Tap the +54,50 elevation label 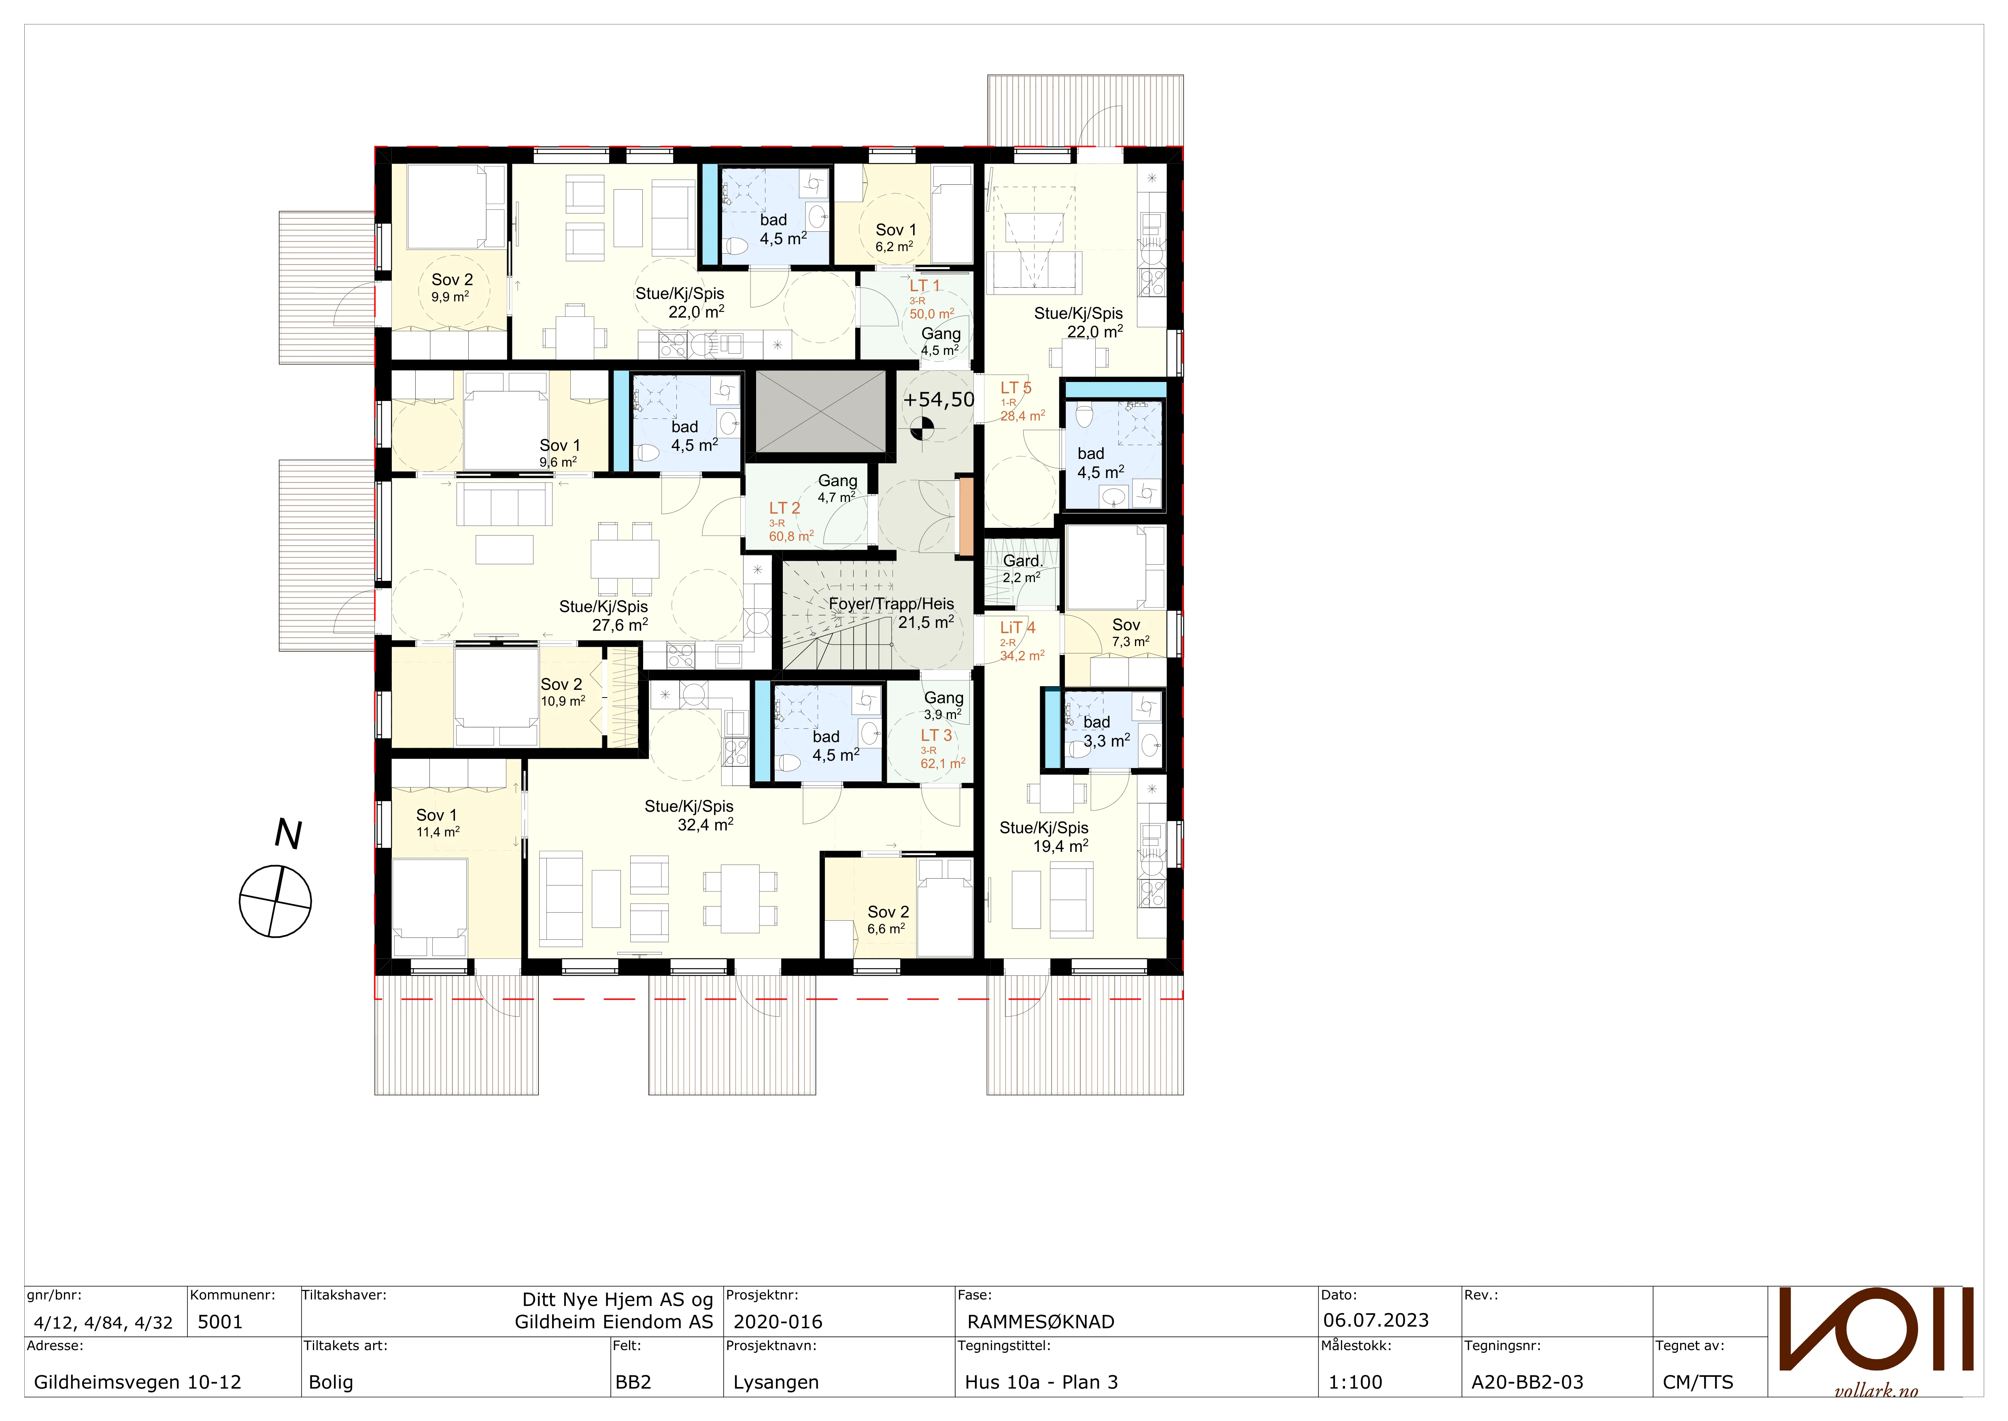click(x=938, y=400)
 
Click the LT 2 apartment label click(x=784, y=508)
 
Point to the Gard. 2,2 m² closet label click(x=1022, y=569)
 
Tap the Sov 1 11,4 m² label click(x=437, y=822)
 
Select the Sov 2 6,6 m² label click(x=888, y=920)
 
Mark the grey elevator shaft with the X click(x=820, y=411)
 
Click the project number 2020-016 click(x=778, y=1322)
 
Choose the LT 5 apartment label click(x=1016, y=388)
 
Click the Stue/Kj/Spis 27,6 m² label click(x=603, y=616)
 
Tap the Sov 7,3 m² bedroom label click(x=1128, y=633)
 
